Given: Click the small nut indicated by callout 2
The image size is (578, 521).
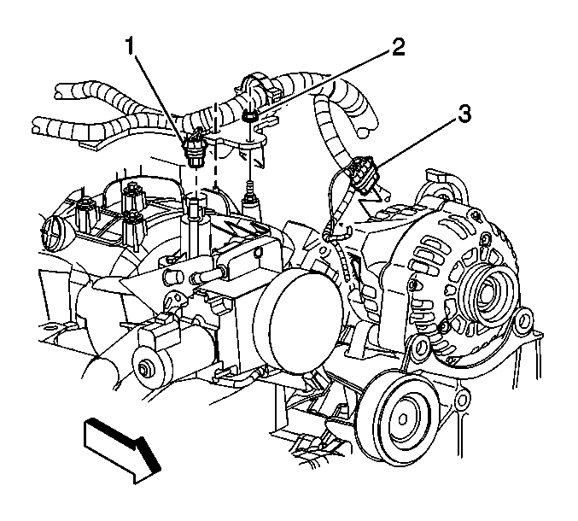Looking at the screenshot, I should pyautogui.click(x=250, y=117).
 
